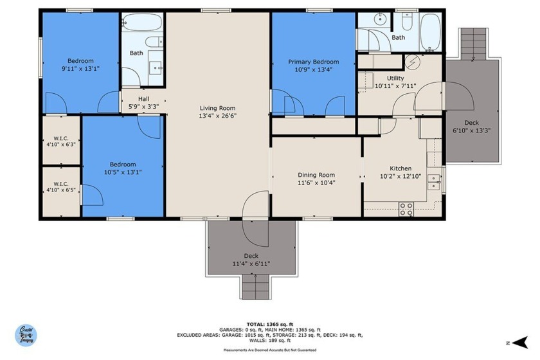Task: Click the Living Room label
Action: [x=217, y=108]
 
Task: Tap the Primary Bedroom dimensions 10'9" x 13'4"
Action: [x=314, y=69]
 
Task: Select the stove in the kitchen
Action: [x=406, y=209]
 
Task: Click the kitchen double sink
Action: [x=433, y=182]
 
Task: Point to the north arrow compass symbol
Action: [x=520, y=343]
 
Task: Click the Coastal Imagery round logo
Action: [x=26, y=335]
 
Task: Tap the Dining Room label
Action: [x=316, y=175]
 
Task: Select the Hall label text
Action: [x=143, y=99]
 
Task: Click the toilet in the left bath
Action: [x=154, y=42]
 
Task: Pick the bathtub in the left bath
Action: [x=141, y=22]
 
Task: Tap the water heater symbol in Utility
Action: [x=412, y=62]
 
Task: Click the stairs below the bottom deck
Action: [x=256, y=287]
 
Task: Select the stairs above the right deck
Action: [x=474, y=44]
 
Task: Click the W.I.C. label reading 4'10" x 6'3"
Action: [x=61, y=141]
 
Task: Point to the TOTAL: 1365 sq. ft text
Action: [x=269, y=324]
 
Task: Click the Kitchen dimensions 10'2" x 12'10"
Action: [x=401, y=176]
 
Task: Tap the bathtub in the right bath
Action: [x=430, y=32]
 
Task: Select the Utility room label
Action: [x=395, y=78]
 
